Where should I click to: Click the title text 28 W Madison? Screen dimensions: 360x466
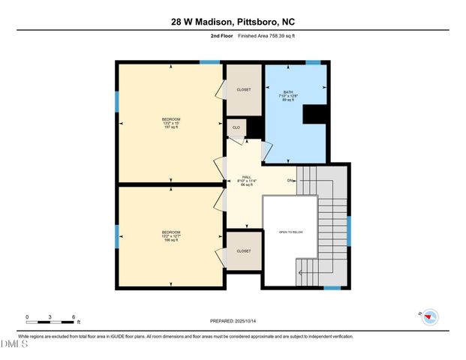click(200, 22)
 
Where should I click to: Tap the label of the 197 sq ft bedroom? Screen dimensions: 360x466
click(170, 123)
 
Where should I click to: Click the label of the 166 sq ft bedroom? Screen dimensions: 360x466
click(170, 236)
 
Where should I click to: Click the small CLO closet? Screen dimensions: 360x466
click(236, 127)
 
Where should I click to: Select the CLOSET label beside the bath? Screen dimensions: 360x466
click(244, 89)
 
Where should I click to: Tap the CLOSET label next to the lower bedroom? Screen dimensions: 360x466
click(244, 251)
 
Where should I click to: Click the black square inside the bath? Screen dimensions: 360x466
click(314, 113)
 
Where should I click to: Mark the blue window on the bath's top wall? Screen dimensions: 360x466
click(313, 62)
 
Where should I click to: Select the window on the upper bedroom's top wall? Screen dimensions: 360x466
click(209, 62)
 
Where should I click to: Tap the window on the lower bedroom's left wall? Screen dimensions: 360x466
click(117, 235)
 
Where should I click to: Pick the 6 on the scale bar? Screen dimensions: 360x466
click(74, 316)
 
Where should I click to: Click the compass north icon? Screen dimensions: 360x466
click(428, 316)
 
